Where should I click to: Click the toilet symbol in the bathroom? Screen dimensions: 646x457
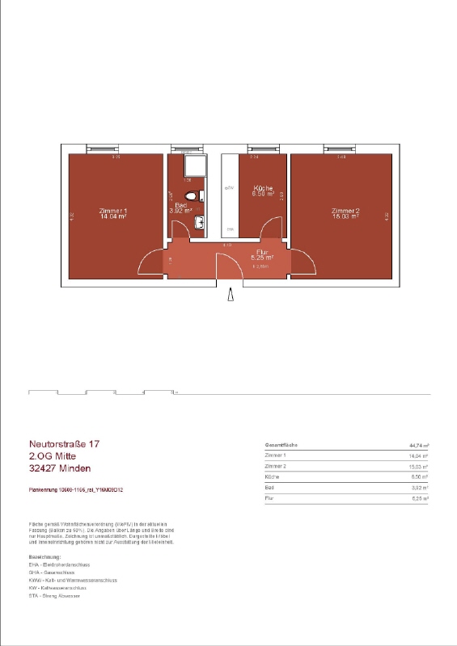(x=193, y=196)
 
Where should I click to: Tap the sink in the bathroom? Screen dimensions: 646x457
(x=197, y=224)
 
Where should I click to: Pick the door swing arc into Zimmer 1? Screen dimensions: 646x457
(x=151, y=260)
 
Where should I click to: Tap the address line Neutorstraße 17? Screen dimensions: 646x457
(x=64, y=443)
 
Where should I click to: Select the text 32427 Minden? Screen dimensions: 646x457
(x=60, y=468)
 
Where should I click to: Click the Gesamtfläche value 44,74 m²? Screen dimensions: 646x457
(x=419, y=445)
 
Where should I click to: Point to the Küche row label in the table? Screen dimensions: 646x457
(x=273, y=477)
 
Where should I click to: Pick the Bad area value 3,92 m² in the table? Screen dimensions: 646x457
(x=420, y=488)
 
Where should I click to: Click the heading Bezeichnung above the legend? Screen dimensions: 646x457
(x=45, y=557)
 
